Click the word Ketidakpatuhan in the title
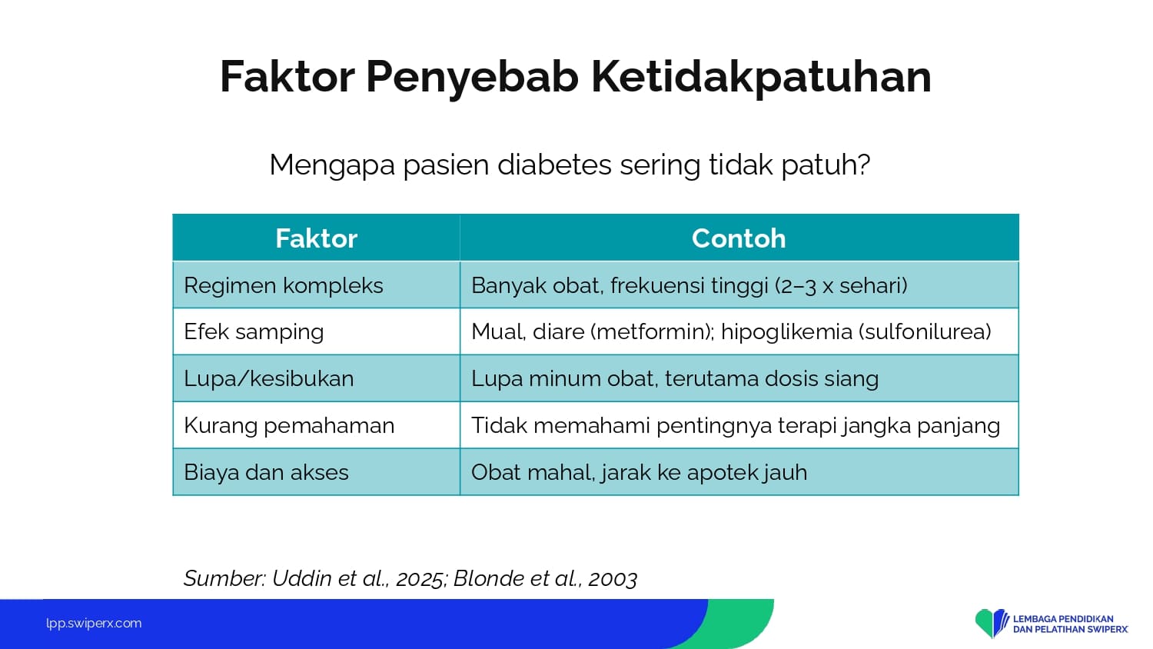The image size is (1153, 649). coord(761,77)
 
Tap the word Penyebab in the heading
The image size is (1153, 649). coord(472,77)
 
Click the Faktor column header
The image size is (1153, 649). coord(316,238)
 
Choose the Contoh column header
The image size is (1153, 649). coord(739,238)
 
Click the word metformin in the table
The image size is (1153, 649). coord(653,331)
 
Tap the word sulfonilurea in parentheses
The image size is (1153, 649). coord(925,331)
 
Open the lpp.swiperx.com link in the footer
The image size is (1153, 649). coord(94,624)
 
